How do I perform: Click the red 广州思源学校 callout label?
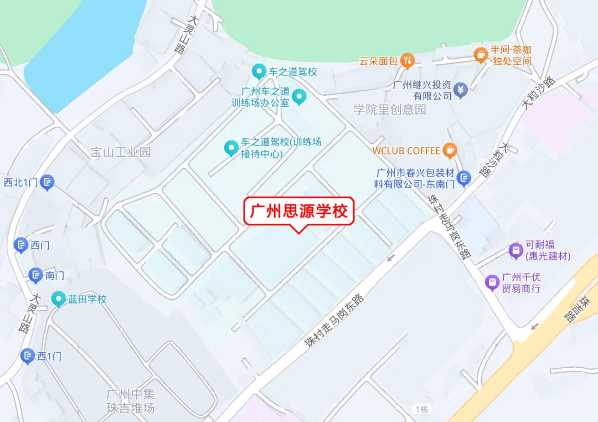tap(299, 211)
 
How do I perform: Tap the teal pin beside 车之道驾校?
tap(258, 71)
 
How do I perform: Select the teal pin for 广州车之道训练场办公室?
tap(299, 97)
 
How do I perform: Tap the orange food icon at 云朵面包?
tap(408, 60)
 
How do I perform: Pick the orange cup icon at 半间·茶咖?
tap(481, 54)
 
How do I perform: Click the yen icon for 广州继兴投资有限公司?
tap(461, 89)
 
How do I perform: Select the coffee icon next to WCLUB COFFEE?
tap(450, 150)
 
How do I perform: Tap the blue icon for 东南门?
tap(465, 177)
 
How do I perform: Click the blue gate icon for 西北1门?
tap(48, 181)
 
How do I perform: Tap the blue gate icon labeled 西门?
tap(21, 245)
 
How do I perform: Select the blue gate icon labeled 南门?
tap(35, 275)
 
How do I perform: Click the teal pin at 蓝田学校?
tap(58, 299)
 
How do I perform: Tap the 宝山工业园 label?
tap(121, 152)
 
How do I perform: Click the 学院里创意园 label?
tap(390, 109)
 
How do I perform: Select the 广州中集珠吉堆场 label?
tap(131, 401)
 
